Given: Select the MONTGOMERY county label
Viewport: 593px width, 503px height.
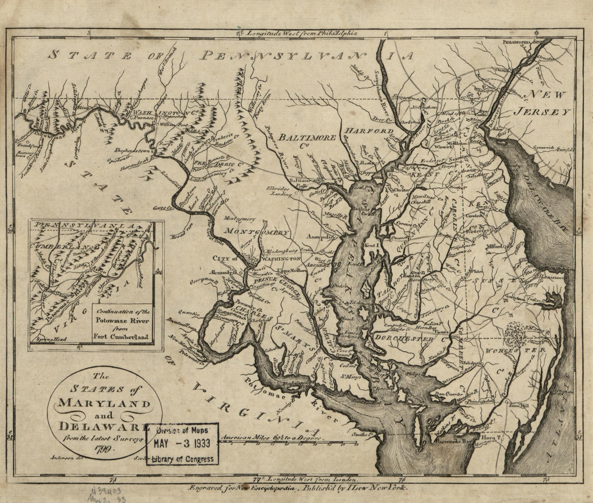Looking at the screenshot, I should [257, 232].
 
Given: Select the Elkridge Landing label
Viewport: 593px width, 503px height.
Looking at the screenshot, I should [279, 192].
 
